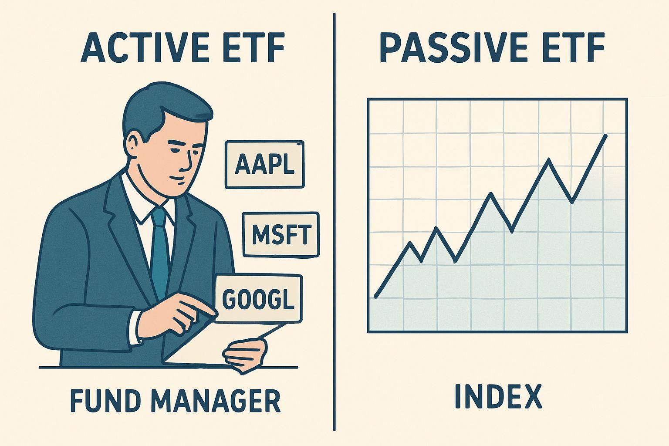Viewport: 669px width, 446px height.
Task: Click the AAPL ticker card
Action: coord(264,165)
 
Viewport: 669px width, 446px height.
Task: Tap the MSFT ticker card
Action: coord(281,234)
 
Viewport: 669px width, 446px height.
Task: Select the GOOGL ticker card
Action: coord(258,299)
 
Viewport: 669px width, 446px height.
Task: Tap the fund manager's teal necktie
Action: coord(160,248)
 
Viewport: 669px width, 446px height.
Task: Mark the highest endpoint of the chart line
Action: coord(606,135)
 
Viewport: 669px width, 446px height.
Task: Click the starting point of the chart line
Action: coord(375,297)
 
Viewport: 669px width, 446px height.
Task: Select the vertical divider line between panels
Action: coord(334,218)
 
